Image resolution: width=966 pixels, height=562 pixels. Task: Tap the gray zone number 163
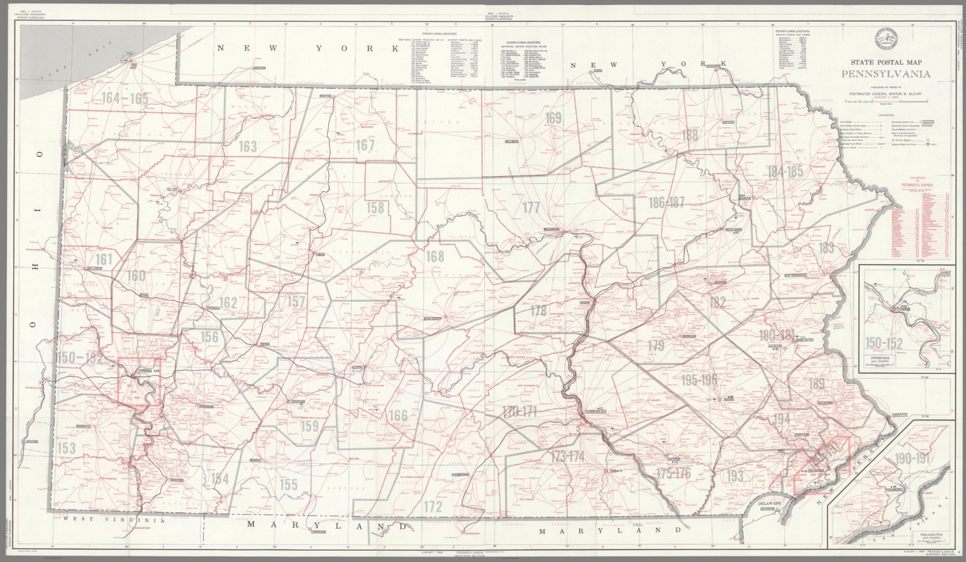(x=248, y=147)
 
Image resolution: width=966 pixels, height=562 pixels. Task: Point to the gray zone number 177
(x=531, y=207)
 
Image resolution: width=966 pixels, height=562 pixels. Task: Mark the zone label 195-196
(x=699, y=380)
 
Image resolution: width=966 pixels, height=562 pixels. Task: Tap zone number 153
(x=67, y=448)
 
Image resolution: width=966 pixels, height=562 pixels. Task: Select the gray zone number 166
(x=398, y=416)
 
